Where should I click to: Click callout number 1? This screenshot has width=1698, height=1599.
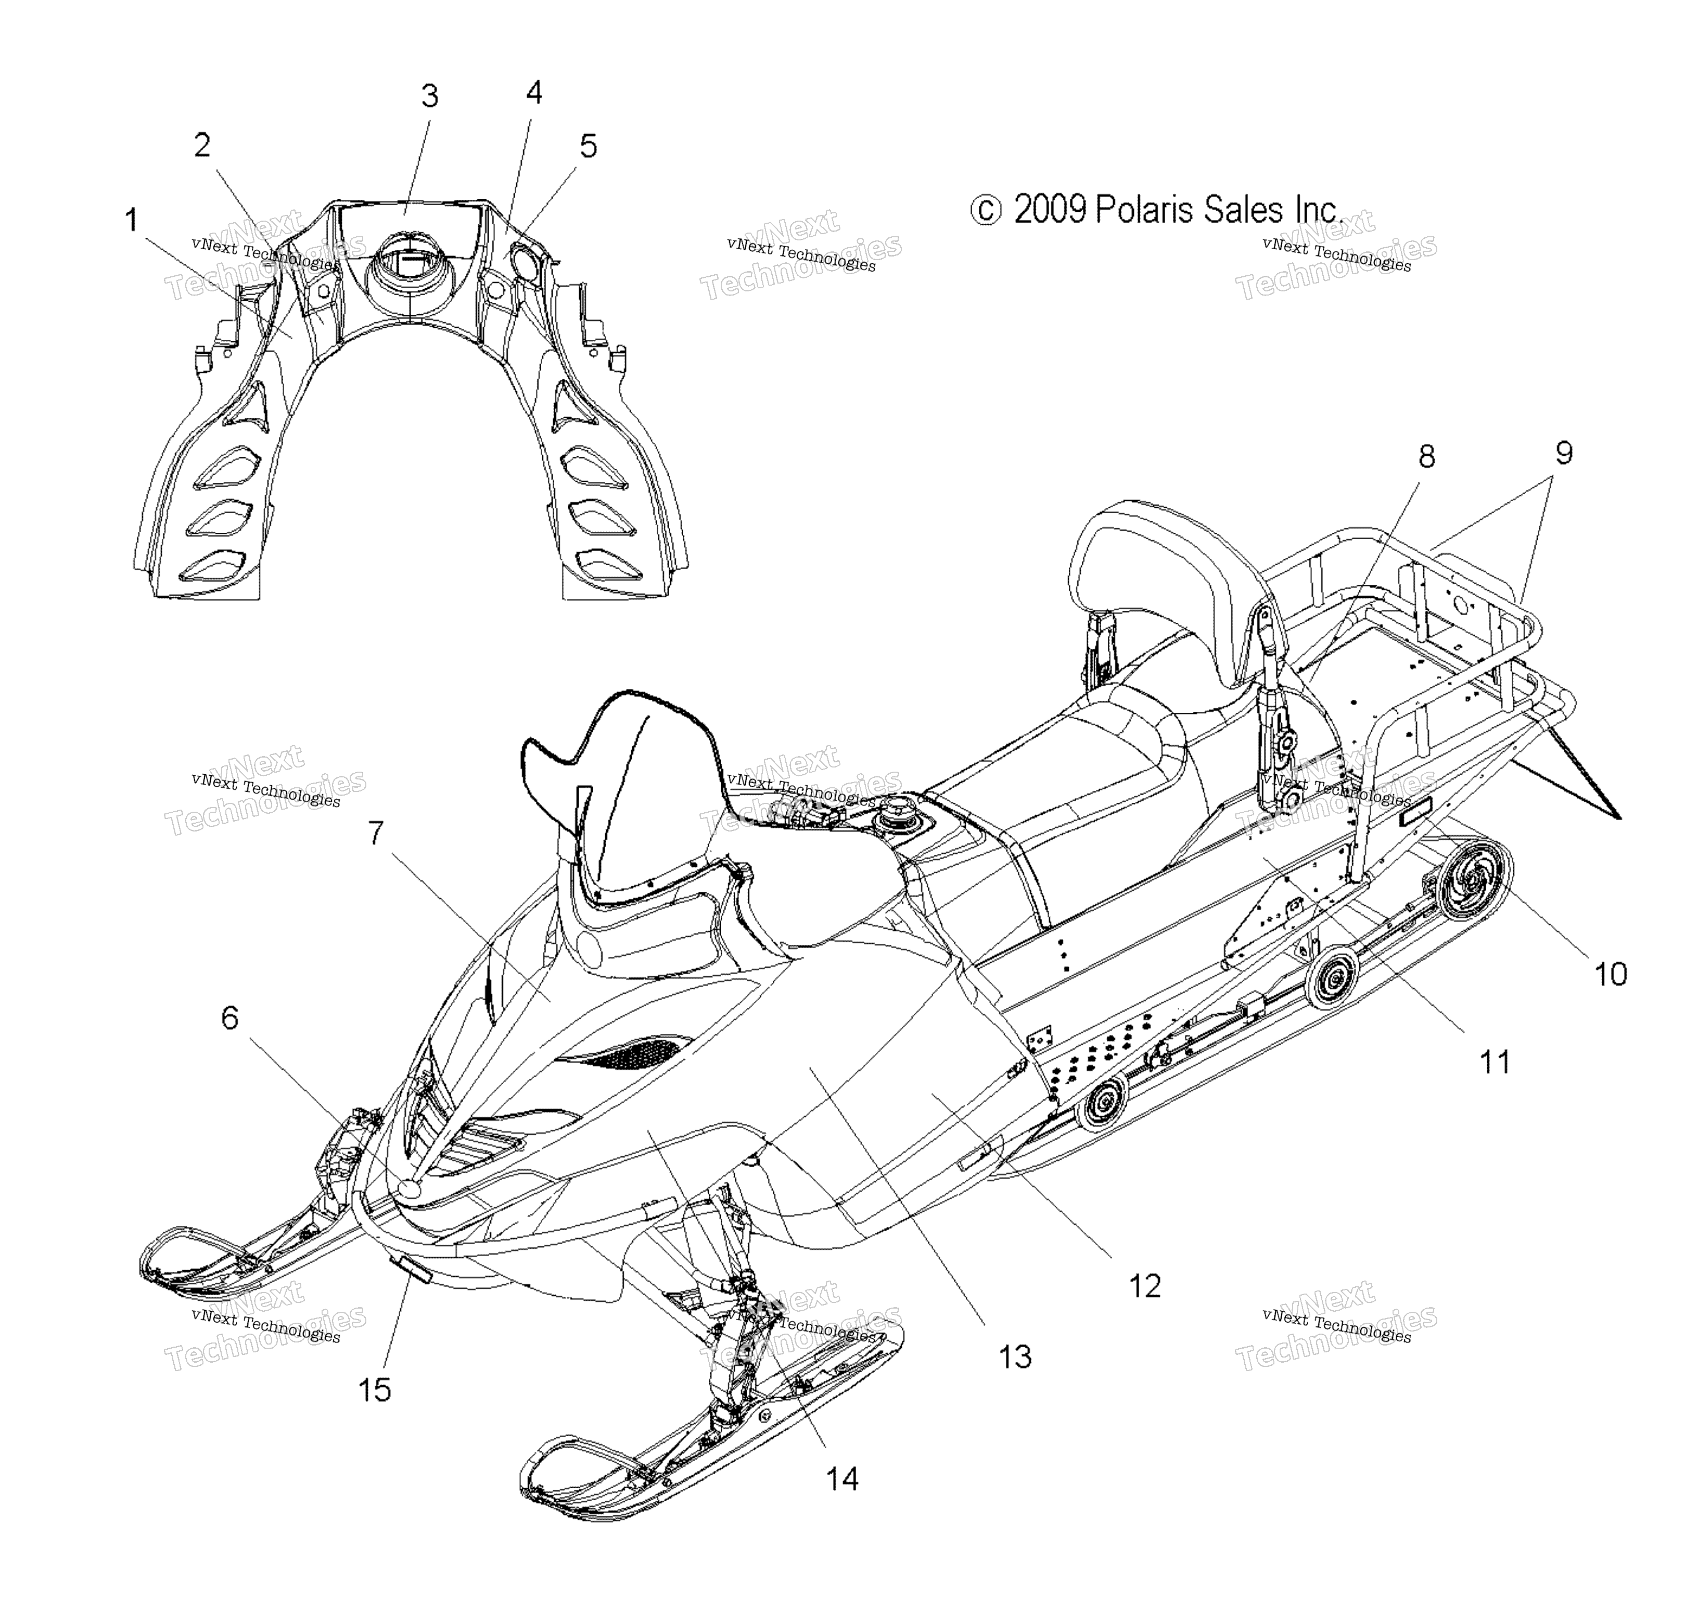132,221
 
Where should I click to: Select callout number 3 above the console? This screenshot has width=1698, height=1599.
430,96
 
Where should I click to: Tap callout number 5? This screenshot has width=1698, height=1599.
589,146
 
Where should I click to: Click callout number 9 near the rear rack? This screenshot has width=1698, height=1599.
1563,453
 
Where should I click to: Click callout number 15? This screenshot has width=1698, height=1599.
374,1390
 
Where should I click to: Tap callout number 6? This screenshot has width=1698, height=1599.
230,1017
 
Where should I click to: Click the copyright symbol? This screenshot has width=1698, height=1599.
986,211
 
